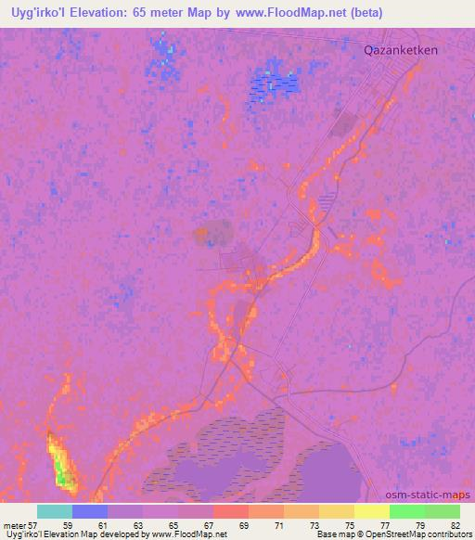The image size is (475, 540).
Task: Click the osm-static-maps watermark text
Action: (x=429, y=494)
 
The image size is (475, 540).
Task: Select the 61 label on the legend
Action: (x=124, y=524)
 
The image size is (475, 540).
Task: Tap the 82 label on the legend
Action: (x=455, y=524)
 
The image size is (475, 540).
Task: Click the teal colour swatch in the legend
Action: (x=55, y=511)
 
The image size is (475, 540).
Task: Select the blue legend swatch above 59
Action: (x=90, y=511)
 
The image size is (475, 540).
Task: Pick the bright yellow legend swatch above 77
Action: (x=372, y=511)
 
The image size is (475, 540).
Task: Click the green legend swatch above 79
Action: (x=407, y=511)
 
